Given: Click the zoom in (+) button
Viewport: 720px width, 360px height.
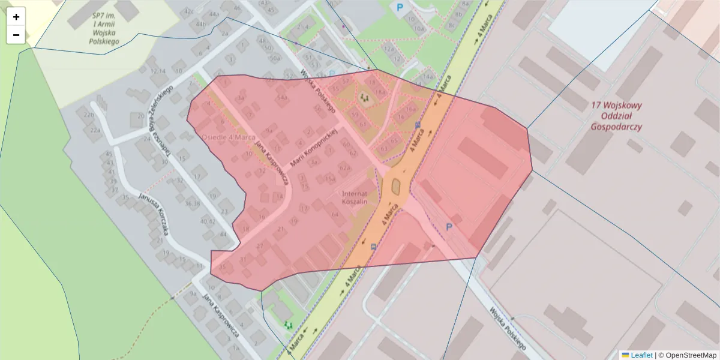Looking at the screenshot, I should tap(16, 17).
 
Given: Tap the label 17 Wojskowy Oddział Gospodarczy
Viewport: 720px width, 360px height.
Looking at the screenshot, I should tap(616, 116).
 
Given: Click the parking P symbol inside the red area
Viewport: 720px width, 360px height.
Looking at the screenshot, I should tap(448, 227).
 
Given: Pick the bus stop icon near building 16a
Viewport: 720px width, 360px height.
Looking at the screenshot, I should tap(418, 125).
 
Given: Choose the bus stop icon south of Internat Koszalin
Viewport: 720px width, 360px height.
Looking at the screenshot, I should tap(374, 246).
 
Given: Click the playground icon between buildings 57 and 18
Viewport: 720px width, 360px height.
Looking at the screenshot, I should tap(364, 95).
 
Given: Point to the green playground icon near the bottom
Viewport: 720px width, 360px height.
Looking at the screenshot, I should tap(288, 325).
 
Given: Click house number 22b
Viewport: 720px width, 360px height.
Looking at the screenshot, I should tap(89, 115).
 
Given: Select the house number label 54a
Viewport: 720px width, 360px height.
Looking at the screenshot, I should tap(282, 97).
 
